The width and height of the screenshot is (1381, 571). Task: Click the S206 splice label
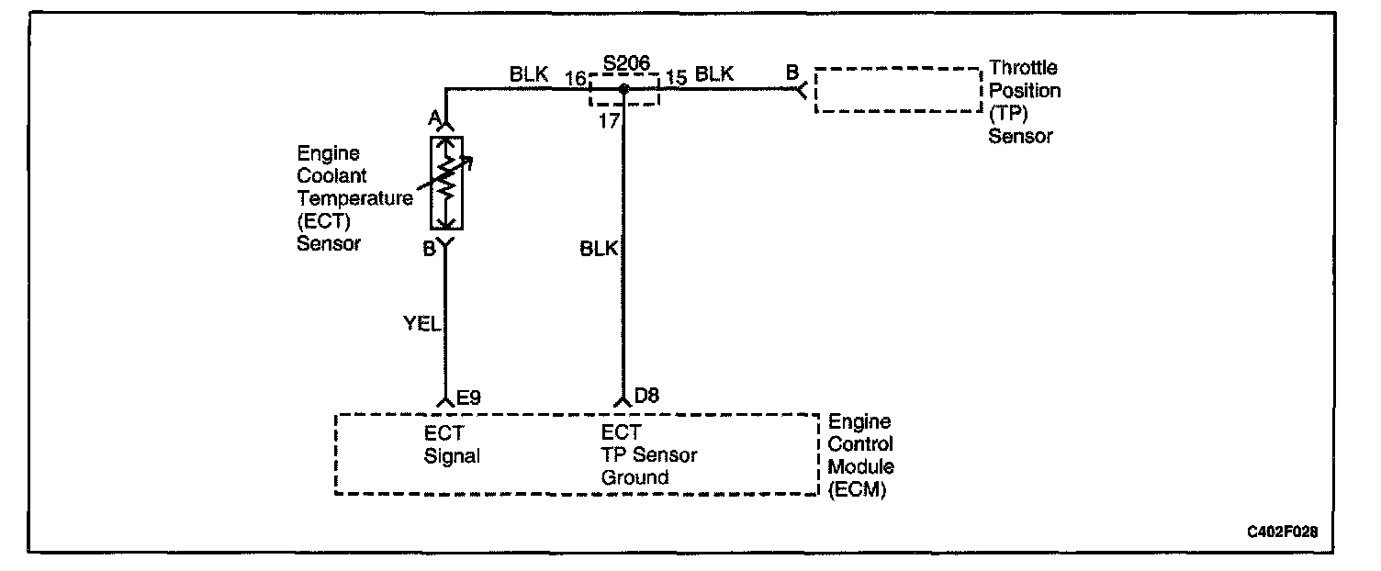[x=626, y=63]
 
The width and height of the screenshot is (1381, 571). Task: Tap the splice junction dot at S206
[x=623, y=89]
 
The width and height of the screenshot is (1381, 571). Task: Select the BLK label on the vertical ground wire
[x=599, y=248]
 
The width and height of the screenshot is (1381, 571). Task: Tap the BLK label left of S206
[x=529, y=75]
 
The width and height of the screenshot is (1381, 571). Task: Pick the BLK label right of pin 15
[x=714, y=75]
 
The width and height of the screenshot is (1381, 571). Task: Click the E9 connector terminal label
[x=468, y=397]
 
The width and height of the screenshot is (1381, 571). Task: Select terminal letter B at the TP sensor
[x=792, y=71]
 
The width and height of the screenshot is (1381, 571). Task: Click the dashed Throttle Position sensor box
[x=897, y=90]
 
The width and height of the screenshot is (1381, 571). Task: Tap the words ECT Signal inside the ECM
[x=452, y=444]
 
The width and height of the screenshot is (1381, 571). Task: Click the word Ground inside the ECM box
[x=634, y=477]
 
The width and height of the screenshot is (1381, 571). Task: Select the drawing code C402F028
[x=1287, y=532]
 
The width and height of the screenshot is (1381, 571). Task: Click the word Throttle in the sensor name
[x=1023, y=68]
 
